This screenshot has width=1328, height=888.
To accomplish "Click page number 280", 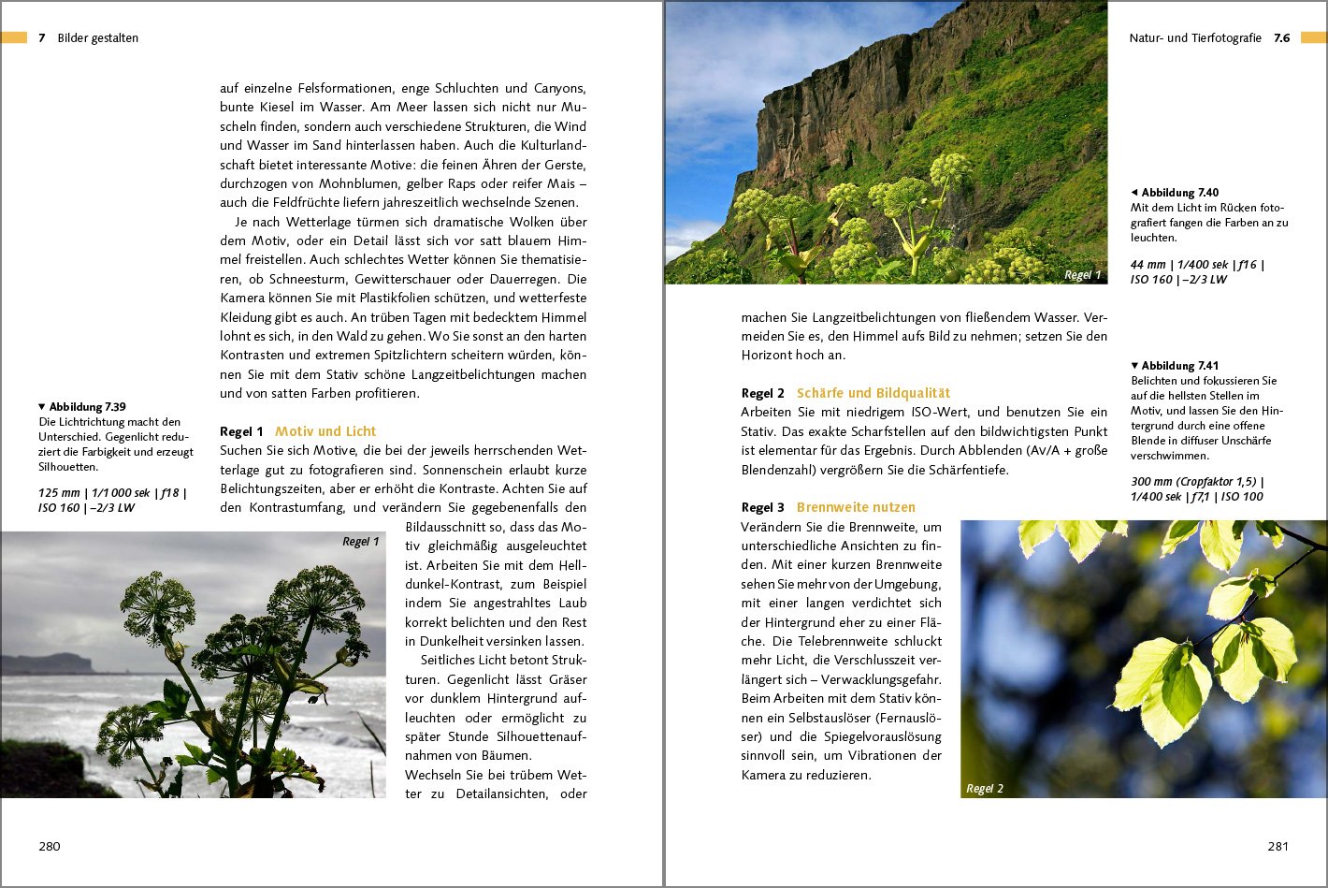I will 50,846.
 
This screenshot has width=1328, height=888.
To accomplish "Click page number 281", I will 1277,846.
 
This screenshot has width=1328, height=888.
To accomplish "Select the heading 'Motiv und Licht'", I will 325,431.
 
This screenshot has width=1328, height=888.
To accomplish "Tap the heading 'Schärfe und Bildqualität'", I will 873,393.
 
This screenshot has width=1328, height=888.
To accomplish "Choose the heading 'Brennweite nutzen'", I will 856,507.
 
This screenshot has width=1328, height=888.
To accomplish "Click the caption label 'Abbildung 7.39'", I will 87,407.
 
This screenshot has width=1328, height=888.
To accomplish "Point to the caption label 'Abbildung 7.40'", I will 1179,193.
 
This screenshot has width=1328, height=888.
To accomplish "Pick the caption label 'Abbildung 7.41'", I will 1179,366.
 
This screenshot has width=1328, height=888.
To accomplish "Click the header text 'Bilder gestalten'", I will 98,38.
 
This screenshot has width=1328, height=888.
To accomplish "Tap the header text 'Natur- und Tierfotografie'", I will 1194,38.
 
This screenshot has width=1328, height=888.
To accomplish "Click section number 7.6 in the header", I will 1281,38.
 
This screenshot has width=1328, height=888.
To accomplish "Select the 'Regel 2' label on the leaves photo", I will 984,789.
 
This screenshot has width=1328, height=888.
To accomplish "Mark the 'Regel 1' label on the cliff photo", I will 1082,275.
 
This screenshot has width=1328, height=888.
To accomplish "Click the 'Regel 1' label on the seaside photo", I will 360,542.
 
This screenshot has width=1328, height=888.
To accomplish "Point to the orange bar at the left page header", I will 13,37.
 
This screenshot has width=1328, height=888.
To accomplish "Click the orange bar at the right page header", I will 1313,37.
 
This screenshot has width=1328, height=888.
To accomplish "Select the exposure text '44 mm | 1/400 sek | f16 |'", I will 1197,265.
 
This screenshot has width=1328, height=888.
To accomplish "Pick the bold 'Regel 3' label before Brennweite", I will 762,507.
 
